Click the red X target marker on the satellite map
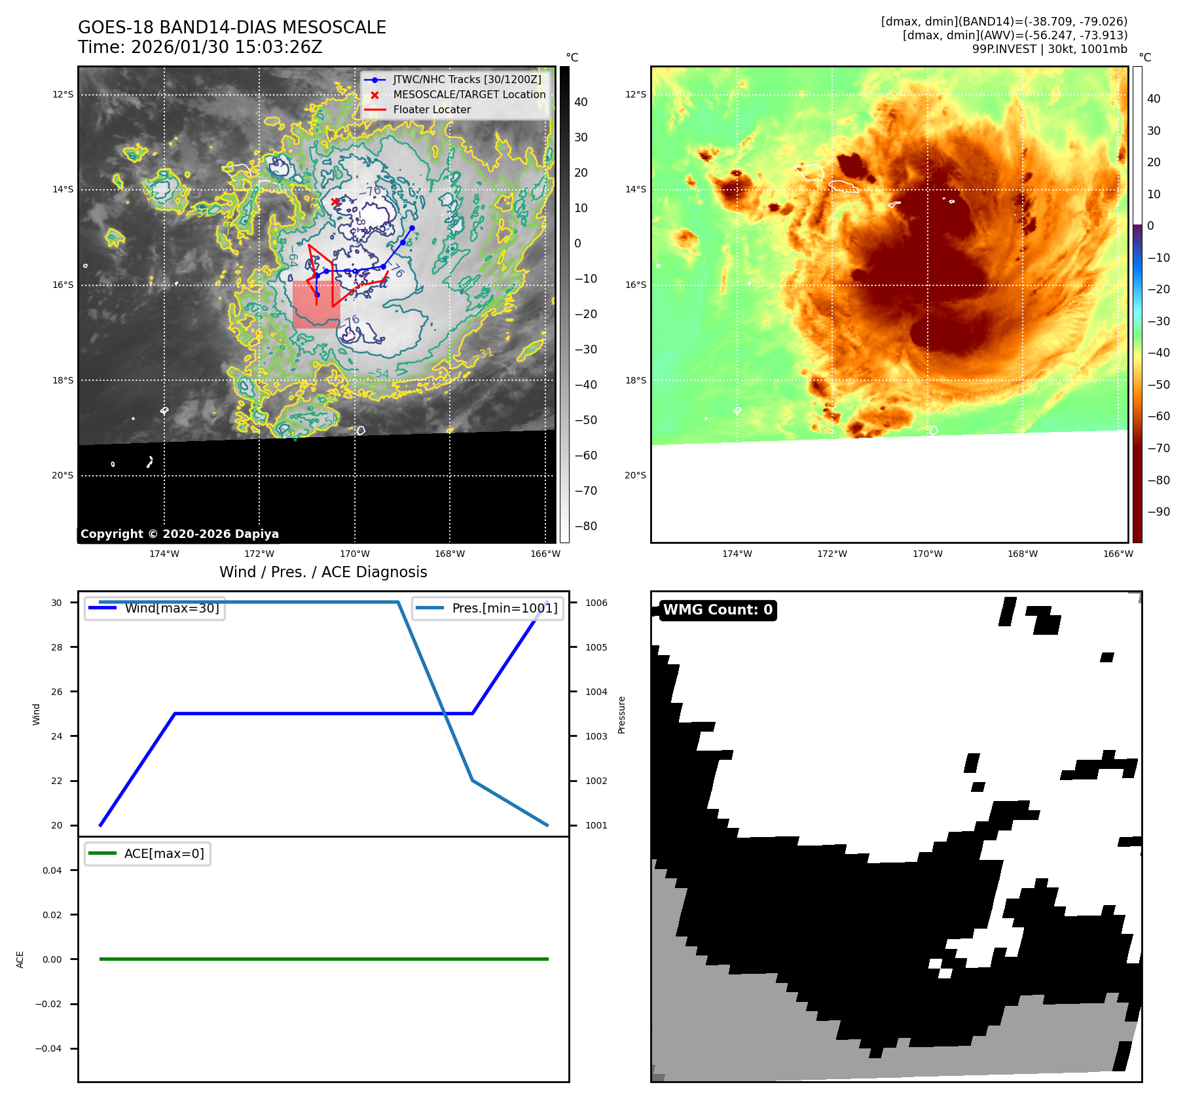[335, 202]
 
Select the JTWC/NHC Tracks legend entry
[467, 80]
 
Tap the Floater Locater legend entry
[431, 110]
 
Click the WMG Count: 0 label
[718, 610]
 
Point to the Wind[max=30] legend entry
[172, 608]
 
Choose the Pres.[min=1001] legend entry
[504, 608]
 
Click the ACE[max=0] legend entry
[164, 853]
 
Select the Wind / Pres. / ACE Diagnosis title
[323, 572]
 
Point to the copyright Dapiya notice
[179, 534]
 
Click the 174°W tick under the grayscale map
[164, 554]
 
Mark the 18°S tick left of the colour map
[635, 380]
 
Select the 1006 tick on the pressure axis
[596, 603]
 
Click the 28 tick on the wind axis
[57, 647]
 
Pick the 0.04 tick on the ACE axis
[52, 870]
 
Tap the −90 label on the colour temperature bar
[1158, 512]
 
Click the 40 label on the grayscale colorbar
[581, 102]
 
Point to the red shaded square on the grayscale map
[316, 305]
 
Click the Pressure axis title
[621, 715]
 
